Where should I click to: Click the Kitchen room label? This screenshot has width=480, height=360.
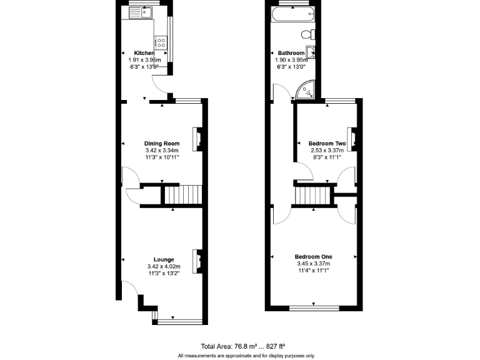coord(135,53)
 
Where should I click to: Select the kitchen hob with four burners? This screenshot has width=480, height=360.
coord(161,43)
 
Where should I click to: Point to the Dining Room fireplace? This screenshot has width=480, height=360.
coord(197,139)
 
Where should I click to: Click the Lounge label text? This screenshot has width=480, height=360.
coord(164,259)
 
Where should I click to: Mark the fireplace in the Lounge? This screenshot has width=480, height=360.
coord(197,259)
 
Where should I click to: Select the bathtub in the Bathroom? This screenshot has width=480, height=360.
coord(292,14)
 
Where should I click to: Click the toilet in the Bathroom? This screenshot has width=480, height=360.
coord(307,34)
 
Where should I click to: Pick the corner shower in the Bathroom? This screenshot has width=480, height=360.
coord(304,91)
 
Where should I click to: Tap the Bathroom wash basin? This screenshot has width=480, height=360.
coord(309,52)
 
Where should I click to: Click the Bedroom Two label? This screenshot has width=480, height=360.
coord(327,144)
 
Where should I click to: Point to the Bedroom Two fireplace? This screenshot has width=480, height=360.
coord(352,139)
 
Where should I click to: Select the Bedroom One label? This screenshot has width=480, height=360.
coord(314,257)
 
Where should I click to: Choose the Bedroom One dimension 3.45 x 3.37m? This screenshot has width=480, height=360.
coord(314,264)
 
